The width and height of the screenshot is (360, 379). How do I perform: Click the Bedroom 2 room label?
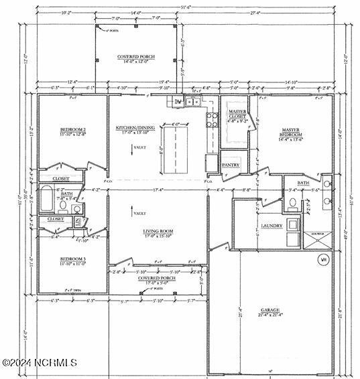click(x=72, y=131)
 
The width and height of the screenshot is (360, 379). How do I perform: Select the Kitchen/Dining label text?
click(x=137, y=129)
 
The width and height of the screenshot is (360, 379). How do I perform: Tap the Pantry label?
click(x=231, y=165)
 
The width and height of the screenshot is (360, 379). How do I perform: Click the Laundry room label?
click(x=272, y=226)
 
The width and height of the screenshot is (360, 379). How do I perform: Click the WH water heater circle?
click(x=322, y=259)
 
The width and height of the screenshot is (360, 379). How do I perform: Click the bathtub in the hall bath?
click(x=47, y=198)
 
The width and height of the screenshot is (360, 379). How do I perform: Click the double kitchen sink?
click(x=192, y=102)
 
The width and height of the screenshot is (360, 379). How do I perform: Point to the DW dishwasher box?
click(x=178, y=102)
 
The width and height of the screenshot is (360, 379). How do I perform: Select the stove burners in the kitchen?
click(x=212, y=120)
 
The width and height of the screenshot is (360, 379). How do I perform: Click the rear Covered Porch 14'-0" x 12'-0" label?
click(x=137, y=60)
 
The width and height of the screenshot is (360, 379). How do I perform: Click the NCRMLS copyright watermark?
click(x=40, y=363)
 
